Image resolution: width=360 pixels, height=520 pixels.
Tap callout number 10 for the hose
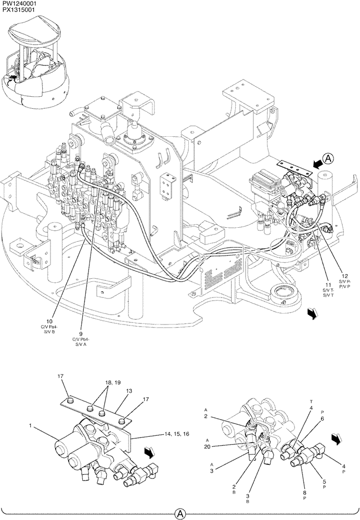click(49, 321)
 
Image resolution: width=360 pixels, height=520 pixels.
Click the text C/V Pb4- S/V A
click(82, 342)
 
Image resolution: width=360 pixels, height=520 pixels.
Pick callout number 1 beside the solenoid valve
click(31, 426)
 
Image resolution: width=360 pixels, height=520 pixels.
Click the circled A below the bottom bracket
click(180, 513)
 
